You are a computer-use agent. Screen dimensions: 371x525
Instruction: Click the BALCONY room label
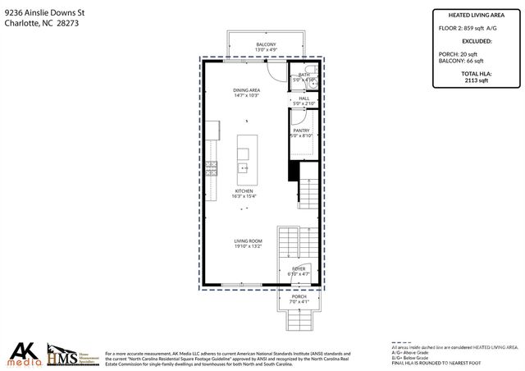coord(266,44)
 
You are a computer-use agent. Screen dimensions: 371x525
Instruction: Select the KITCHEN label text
coord(244,190)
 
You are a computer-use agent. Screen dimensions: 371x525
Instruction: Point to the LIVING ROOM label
coord(249,240)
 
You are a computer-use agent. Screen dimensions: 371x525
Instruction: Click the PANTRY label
coord(301,131)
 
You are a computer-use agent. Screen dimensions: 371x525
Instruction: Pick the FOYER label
coord(299,268)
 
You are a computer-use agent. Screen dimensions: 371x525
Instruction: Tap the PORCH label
coord(299,296)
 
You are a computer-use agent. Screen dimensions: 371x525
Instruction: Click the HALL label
coord(304,98)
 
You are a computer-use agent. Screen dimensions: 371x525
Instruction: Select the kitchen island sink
coord(244,167)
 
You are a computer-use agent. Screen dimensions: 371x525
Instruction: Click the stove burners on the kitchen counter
coord(212,169)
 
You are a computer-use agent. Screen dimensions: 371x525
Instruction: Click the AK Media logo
coord(25,354)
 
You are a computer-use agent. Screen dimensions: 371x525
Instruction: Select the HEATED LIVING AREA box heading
coord(476,15)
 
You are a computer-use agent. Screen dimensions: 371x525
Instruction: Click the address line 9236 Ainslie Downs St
coord(41,11)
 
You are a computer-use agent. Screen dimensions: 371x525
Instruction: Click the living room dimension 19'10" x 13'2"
coord(249,246)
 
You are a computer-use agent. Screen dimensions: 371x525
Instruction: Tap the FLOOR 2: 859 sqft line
coord(469,28)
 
